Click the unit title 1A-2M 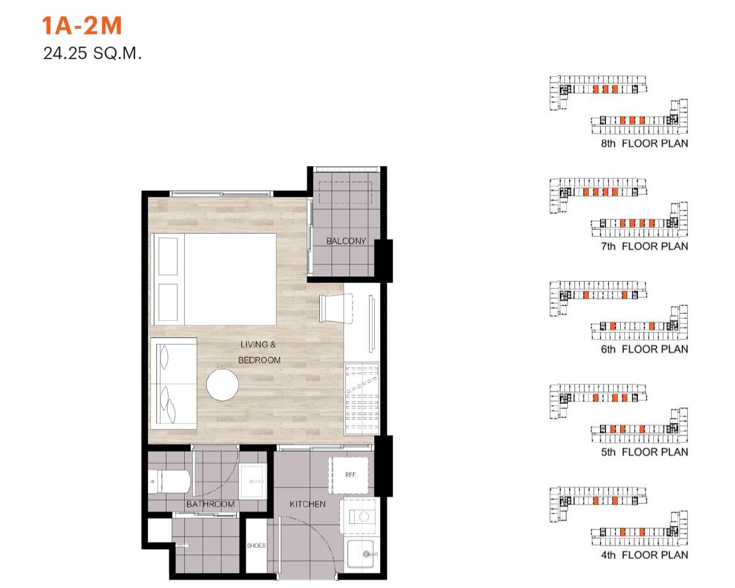pyautogui.click(x=82, y=26)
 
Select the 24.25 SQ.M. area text pyautogui.click(x=92, y=54)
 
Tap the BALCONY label pyautogui.click(x=346, y=241)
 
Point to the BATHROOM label pyautogui.click(x=210, y=504)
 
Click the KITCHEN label pyautogui.click(x=307, y=504)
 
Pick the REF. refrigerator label pyautogui.click(x=351, y=475)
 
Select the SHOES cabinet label pyautogui.click(x=256, y=545)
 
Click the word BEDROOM pyautogui.click(x=259, y=360)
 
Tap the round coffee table pyautogui.click(x=222, y=385)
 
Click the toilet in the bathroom pyautogui.click(x=169, y=482)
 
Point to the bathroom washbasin pyautogui.click(x=253, y=481)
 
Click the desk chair pyautogui.click(x=335, y=309)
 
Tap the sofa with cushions pyautogui.click(x=174, y=384)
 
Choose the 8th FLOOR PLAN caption pyautogui.click(x=644, y=143)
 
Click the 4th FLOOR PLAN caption pyautogui.click(x=644, y=555)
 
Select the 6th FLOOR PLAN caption pyautogui.click(x=644, y=349)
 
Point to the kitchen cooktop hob pyautogui.click(x=360, y=516)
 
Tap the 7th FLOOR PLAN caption pyautogui.click(x=644, y=246)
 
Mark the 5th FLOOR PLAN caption pyautogui.click(x=644, y=452)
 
